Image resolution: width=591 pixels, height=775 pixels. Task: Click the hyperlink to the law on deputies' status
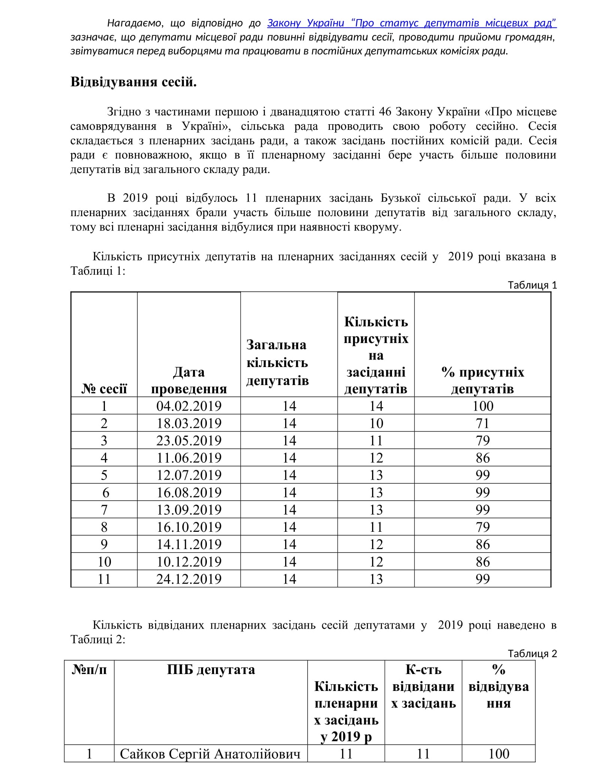[x=411, y=23]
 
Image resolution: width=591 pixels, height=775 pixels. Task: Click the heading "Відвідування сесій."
[x=133, y=82]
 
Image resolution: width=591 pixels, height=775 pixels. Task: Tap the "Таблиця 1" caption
[x=532, y=285]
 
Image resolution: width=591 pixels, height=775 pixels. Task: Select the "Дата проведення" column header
[x=189, y=380]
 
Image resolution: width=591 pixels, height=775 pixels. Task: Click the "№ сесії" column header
[x=104, y=388]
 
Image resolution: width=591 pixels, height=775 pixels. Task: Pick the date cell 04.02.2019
[x=189, y=406]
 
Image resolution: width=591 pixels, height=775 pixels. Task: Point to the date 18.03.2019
[x=189, y=423]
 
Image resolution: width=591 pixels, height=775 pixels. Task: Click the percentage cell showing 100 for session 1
[x=483, y=406]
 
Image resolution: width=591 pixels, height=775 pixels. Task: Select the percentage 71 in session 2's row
[x=483, y=423]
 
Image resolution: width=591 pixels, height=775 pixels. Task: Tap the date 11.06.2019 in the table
[x=189, y=458]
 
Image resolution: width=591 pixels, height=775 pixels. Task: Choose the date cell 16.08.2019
[x=189, y=492]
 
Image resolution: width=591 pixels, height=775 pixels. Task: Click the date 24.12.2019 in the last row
[x=189, y=579]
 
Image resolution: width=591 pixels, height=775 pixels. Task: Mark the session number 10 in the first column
[x=104, y=561]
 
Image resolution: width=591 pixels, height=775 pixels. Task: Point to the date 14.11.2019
[x=189, y=544]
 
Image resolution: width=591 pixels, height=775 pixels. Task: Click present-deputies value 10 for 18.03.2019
[x=376, y=423]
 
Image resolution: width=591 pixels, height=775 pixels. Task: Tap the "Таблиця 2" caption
[x=532, y=654]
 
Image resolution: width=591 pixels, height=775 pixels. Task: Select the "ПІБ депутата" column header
[x=211, y=670]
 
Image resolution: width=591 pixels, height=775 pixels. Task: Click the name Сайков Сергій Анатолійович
[x=210, y=754]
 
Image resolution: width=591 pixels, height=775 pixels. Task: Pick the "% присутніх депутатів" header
[x=483, y=380]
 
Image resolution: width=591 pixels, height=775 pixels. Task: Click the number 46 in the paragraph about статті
[x=385, y=112]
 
